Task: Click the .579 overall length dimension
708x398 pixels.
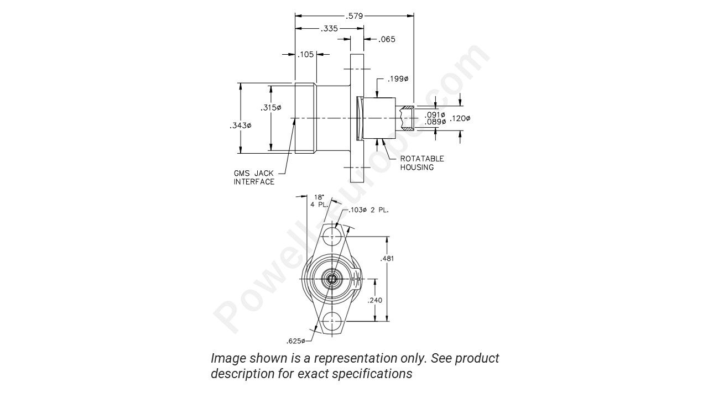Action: pyautogui.click(x=354, y=16)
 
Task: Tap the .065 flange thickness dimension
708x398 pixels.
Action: pyautogui.click(x=387, y=39)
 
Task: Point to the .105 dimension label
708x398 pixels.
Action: pyautogui.click(x=306, y=54)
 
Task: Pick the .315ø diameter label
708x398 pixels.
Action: pyautogui.click(x=271, y=107)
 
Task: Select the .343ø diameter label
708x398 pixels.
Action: pyautogui.click(x=241, y=126)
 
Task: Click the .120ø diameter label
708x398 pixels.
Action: pyautogui.click(x=460, y=118)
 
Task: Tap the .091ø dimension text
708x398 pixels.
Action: pyautogui.click(x=435, y=114)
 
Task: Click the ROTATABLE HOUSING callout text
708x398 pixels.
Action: pyautogui.click(x=422, y=163)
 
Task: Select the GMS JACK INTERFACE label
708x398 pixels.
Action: pyautogui.click(x=253, y=177)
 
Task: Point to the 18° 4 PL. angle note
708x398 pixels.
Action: pyautogui.click(x=319, y=200)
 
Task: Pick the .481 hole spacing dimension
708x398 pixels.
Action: pyautogui.click(x=388, y=258)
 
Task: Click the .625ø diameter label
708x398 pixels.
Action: pyautogui.click(x=296, y=341)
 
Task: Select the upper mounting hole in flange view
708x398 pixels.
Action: pyautogui.click(x=332, y=236)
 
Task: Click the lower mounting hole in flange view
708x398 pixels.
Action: pyautogui.click(x=332, y=321)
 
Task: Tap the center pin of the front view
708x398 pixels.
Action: pyautogui.click(x=332, y=279)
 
